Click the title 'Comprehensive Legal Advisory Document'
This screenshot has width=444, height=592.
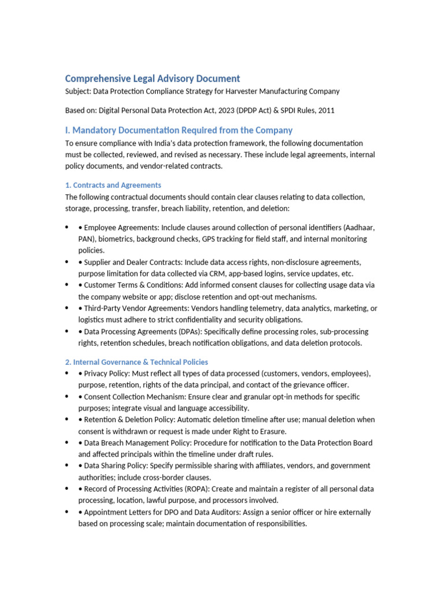point(152,78)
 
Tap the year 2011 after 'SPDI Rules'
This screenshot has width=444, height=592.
point(325,110)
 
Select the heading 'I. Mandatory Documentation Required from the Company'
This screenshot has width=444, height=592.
point(179,130)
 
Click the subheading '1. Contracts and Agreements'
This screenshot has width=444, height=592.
point(113,185)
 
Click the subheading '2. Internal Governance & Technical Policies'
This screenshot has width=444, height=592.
point(136,362)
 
